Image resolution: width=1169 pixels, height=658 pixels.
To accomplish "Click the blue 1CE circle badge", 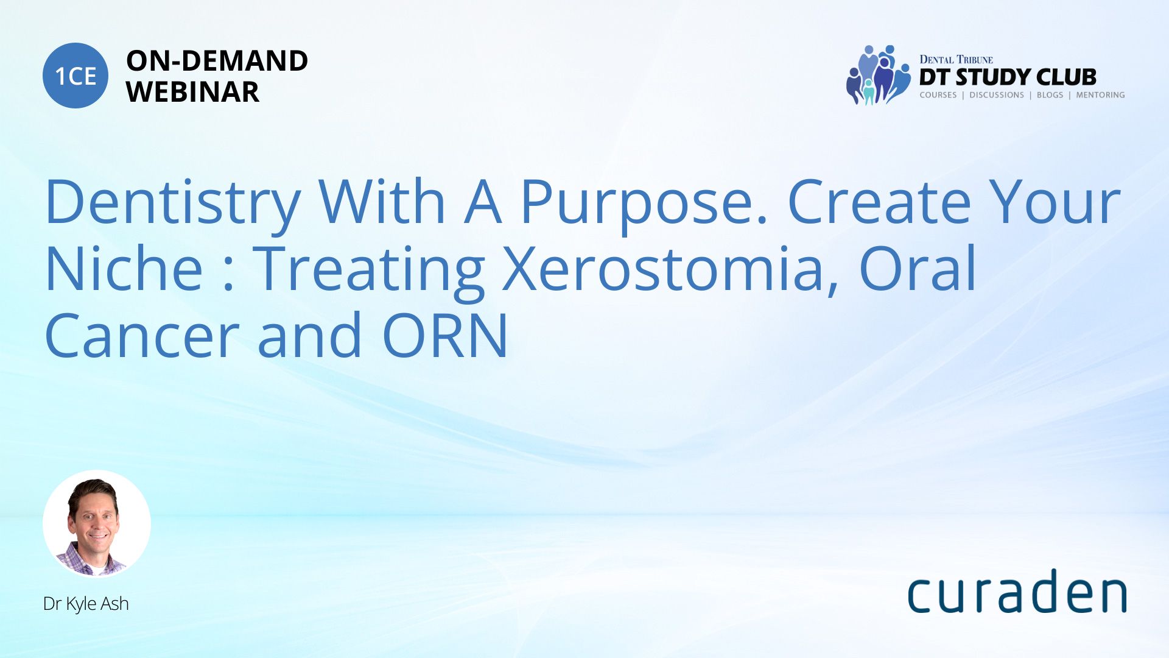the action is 75,76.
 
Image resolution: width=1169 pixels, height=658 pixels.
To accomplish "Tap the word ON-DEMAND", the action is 217,61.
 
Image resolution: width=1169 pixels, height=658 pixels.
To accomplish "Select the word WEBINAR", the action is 192,92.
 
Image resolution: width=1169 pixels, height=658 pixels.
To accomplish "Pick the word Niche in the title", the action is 124,268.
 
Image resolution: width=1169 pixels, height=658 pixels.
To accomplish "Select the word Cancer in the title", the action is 142,336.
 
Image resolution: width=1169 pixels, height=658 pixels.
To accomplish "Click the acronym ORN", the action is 445,335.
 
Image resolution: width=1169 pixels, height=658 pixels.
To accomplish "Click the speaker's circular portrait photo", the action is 97,524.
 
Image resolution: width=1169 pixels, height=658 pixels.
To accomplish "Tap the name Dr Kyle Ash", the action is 86,604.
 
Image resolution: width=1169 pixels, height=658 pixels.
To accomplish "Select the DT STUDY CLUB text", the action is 1008,77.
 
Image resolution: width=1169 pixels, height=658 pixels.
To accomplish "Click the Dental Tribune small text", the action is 956,59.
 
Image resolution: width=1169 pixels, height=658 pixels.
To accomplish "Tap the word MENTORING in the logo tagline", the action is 1100,95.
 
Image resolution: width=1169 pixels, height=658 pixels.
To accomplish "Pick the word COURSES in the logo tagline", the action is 938,95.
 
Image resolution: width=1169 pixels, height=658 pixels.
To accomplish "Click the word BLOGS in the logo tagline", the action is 1050,95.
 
